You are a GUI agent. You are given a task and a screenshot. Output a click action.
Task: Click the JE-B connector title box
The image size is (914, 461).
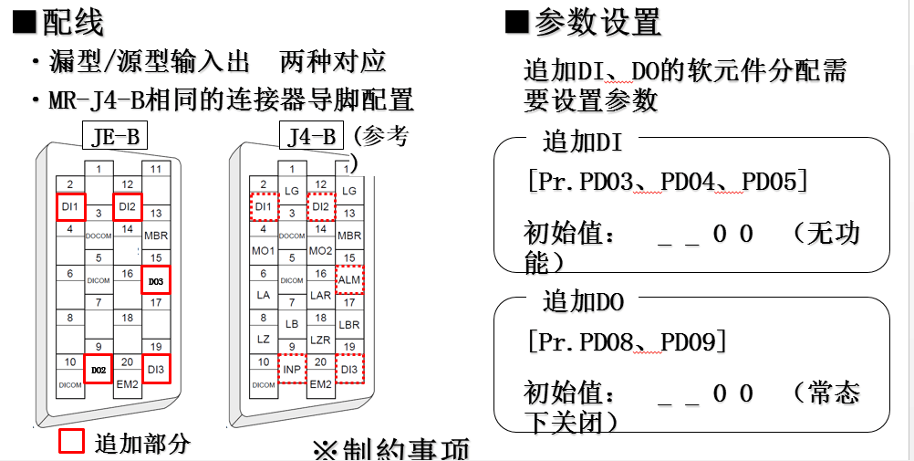[x=115, y=137]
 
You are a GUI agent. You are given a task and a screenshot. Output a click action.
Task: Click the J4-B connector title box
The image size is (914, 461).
[x=309, y=137]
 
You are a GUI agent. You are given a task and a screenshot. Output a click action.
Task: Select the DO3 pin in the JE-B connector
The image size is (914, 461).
[x=155, y=281]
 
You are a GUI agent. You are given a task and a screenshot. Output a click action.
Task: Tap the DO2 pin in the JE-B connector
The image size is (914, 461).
[x=98, y=369]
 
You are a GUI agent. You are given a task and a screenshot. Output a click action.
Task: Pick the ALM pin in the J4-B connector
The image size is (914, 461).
[x=349, y=280]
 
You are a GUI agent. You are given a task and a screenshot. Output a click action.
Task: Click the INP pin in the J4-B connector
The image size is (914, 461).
[x=292, y=369]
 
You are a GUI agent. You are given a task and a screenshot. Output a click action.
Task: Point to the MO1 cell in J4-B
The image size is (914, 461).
[x=263, y=250]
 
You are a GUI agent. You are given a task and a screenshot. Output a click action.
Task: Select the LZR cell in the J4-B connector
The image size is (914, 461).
[x=320, y=339]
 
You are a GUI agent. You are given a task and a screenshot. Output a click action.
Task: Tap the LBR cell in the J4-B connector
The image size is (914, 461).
[x=349, y=324]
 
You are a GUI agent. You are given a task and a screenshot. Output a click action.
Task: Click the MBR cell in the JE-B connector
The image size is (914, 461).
[x=155, y=236]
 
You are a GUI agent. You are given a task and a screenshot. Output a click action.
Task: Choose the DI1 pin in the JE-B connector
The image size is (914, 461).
[x=70, y=207]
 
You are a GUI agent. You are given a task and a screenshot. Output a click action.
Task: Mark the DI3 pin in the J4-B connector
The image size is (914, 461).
[x=349, y=369]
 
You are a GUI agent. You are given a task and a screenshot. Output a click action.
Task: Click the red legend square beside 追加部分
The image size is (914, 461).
[x=72, y=441]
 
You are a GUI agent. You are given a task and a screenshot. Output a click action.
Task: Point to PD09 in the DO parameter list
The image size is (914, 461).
[x=691, y=341]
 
